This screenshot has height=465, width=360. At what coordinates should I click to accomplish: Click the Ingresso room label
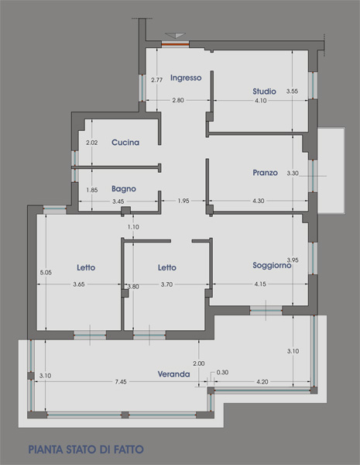click(x=186, y=77)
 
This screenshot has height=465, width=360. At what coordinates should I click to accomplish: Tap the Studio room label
click(x=264, y=91)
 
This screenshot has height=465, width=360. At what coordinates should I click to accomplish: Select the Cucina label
click(x=125, y=143)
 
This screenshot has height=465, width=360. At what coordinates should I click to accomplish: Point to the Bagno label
click(x=124, y=189)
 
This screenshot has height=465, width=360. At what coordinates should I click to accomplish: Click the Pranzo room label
click(x=266, y=173)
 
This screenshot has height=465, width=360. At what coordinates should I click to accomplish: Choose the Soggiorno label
click(x=272, y=265)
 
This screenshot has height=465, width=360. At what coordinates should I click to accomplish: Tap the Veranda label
click(x=173, y=374)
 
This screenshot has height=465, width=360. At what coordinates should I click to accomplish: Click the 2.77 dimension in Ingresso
click(x=156, y=80)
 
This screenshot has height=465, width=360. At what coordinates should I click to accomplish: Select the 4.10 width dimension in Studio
click(x=261, y=101)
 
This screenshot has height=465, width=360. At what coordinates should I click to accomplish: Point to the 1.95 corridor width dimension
click(x=183, y=201)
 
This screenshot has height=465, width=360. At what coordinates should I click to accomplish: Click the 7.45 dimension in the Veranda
click(x=121, y=381)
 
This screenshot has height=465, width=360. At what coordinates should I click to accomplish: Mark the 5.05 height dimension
click(x=46, y=272)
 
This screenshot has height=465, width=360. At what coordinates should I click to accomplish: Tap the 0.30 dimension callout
click(x=222, y=372)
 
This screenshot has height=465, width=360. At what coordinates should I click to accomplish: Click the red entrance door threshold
click(x=175, y=44)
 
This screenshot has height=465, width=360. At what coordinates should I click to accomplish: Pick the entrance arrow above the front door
click(x=176, y=36)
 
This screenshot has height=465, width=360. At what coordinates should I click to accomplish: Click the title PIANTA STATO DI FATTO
click(x=86, y=449)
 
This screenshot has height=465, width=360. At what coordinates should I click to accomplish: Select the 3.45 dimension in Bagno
click(x=118, y=201)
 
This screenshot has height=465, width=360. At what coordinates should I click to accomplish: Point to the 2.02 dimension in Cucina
click(x=92, y=143)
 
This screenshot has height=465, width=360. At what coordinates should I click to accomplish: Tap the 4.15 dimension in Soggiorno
click(x=260, y=284)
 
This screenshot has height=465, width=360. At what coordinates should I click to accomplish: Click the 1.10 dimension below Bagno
click(x=133, y=227)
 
